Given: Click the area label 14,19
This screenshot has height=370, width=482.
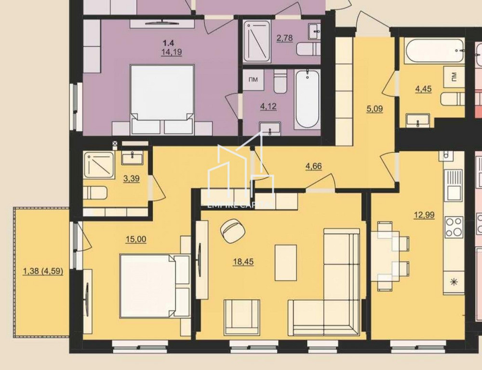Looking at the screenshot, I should coord(172,53).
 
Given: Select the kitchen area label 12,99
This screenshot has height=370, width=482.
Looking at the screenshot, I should coord(424,215).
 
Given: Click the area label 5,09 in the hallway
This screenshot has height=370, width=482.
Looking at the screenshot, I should coord(375,109).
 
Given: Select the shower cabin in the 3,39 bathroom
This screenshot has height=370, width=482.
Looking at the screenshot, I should coord(99,166).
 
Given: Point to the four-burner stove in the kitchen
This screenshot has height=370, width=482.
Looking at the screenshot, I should coord(454,226).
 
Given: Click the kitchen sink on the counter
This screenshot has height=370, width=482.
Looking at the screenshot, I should coord(454,185).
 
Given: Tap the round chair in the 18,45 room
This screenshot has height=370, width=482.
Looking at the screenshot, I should coord(232,230).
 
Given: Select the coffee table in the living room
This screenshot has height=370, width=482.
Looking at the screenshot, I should coord(286,263).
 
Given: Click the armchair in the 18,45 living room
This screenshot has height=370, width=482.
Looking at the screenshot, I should coord(242,317).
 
